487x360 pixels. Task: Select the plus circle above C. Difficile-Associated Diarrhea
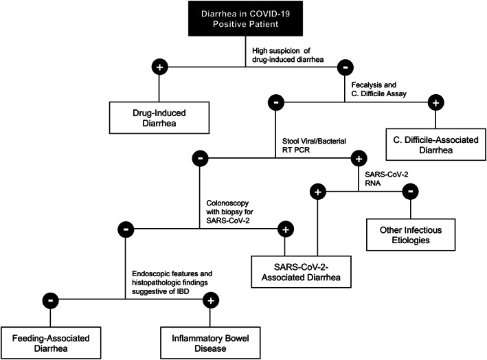click(x=435, y=103)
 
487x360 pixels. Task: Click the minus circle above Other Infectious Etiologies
click(x=409, y=192)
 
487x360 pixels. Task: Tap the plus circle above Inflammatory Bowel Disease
click(x=212, y=300)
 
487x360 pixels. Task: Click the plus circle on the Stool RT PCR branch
click(x=358, y=158)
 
